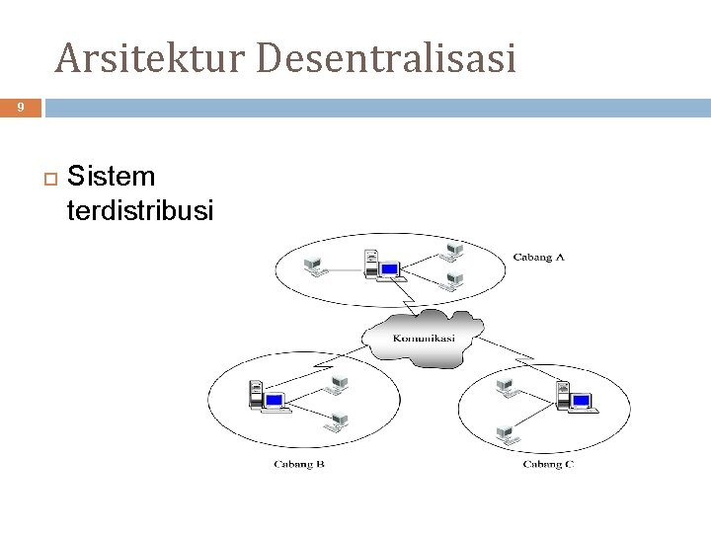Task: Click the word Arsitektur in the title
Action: point(147,58)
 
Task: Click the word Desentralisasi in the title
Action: point(385,58)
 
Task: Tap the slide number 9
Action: point(20,108)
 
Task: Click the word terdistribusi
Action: point(139,210)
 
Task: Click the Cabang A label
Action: point(538,259)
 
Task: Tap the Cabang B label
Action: point(299,463)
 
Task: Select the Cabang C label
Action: point(548,463)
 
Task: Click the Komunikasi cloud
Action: point(424,338)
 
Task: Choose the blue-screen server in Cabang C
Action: point(574,399)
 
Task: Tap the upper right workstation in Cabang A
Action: point(453,251)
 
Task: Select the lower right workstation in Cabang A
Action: point(453,282)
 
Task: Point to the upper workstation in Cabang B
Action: point(339,383)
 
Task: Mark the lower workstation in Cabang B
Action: point(339,422)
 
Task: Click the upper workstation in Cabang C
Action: point(506,386)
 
